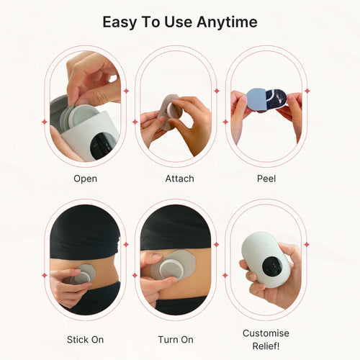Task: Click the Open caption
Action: click(x=86, y=178)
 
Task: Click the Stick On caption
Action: click(x=85, y=339)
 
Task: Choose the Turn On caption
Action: click(x=175, y=339)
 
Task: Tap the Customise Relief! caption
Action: click(x=266, y=339)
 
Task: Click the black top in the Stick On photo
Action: click(x=84, y=230)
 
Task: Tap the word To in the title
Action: click(x=152, y=22)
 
